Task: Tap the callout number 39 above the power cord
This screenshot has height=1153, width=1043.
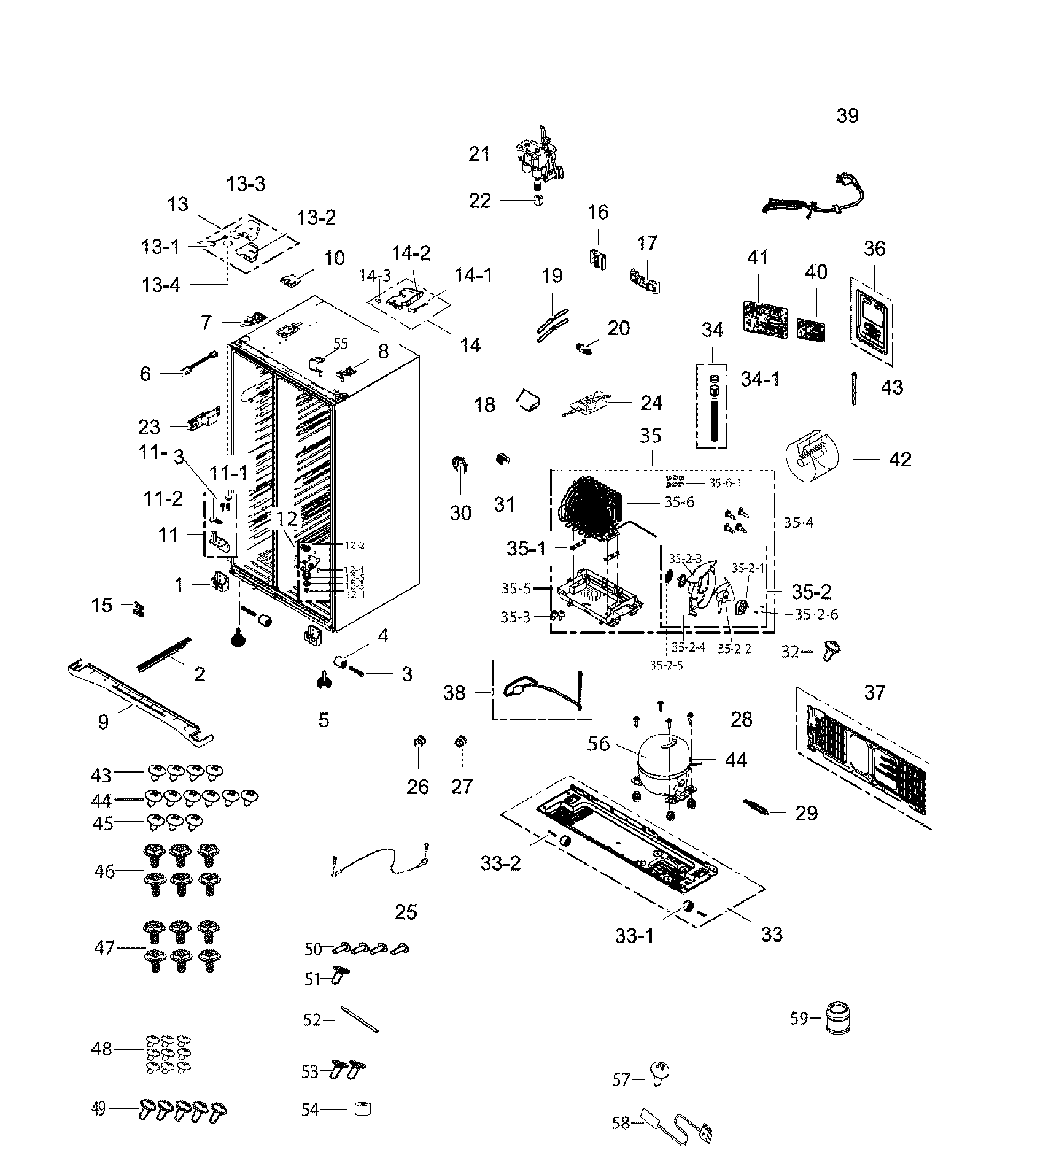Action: coord(847,115)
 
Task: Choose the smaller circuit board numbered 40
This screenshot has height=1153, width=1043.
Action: coord(811,330)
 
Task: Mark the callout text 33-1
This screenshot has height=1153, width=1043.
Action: coord(634,936)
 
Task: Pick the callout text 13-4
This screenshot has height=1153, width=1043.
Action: coord(161,285)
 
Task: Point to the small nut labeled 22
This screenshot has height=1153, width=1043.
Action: coord(538,200)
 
